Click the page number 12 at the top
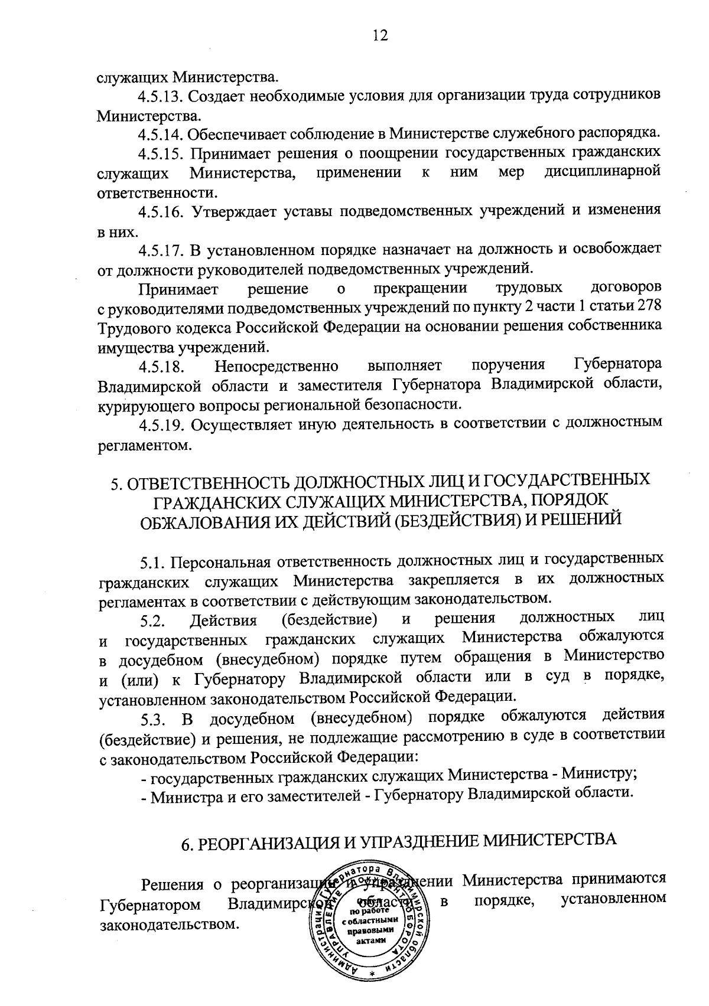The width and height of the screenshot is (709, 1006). tap(380, 36)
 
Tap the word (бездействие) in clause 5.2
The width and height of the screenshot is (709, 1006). tap(329, 620)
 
